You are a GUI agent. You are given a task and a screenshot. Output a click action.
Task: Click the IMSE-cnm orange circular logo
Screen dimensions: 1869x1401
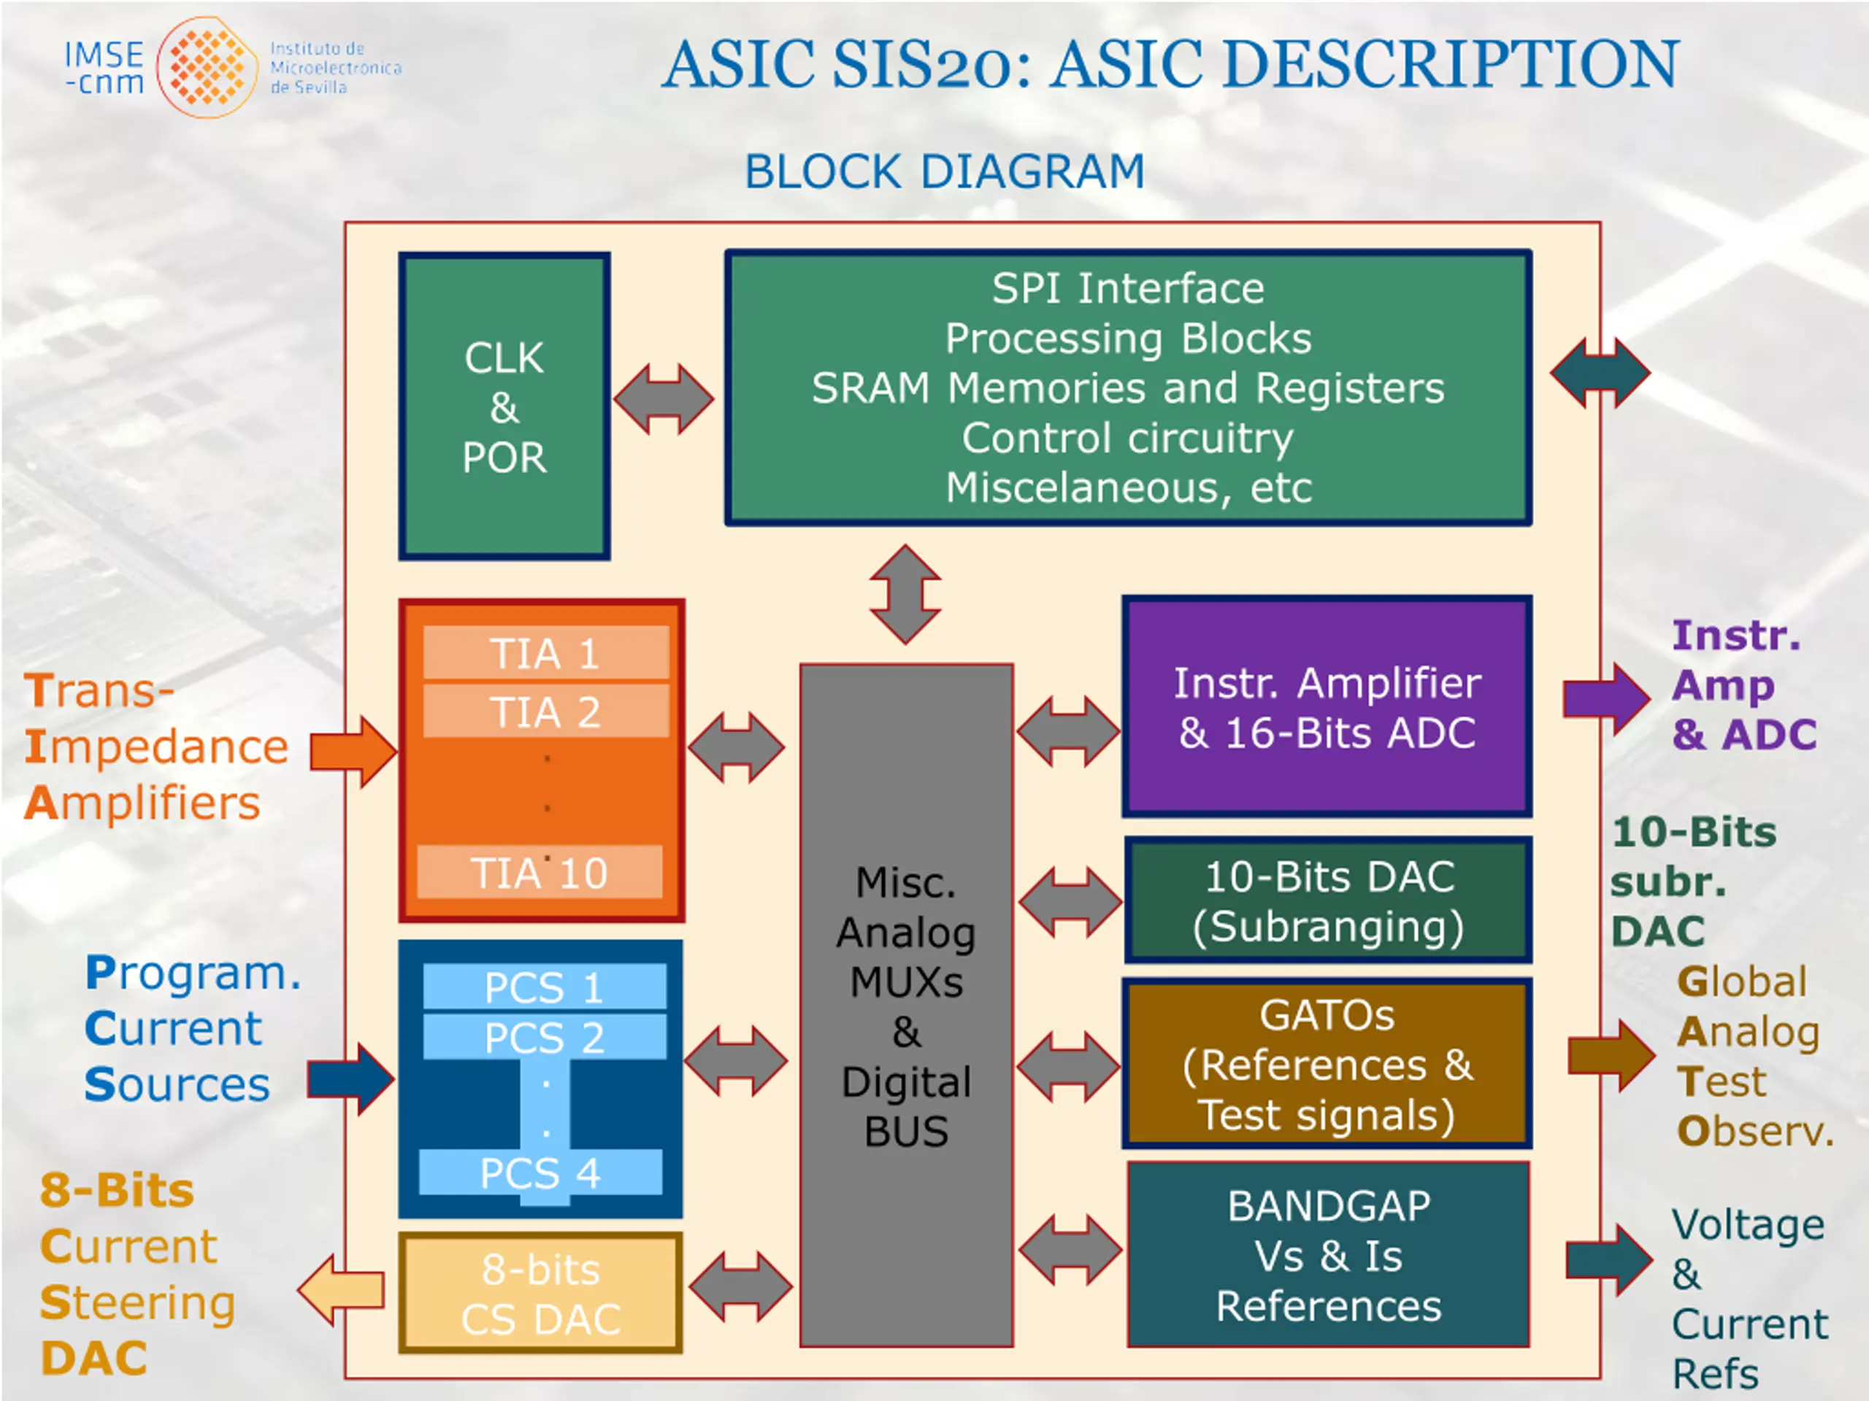click(207, 68)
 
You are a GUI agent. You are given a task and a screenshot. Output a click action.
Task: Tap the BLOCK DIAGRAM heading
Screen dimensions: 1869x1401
click(944, 171)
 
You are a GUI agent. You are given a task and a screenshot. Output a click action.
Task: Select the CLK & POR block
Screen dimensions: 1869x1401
click(504, 406)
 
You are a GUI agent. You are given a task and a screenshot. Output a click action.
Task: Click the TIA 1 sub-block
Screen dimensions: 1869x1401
click(546, 653)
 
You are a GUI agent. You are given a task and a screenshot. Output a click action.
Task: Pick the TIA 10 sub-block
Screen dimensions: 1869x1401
click(540, 871)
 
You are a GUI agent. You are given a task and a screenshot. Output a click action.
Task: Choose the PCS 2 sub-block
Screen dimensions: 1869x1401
click(545, 1037)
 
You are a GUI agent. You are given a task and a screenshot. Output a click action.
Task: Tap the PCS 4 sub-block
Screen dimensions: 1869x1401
click(541, 1172)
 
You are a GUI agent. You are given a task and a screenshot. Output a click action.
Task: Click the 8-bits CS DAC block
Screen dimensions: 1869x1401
click(541, 1293)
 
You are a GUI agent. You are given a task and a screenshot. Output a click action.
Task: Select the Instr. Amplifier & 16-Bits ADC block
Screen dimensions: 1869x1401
click(1327, 707)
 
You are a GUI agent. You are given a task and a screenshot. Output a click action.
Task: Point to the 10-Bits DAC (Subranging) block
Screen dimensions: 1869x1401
click(1327, 900)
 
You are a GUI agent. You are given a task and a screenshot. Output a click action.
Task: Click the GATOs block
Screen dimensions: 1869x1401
click(1327, 1064)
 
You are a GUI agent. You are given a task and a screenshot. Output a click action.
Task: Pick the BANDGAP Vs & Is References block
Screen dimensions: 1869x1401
click(1328, 1255)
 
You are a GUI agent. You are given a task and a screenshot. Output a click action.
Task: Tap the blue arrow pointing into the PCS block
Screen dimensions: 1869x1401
click(350, 1078)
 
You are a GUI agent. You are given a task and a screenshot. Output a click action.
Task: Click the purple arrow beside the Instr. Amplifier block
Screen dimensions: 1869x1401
click(1606, 698)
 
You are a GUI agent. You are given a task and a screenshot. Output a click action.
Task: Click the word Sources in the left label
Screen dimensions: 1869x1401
click(177, 1084)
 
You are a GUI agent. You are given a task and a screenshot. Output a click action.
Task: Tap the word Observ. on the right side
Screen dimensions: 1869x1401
click(1755, 1132)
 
